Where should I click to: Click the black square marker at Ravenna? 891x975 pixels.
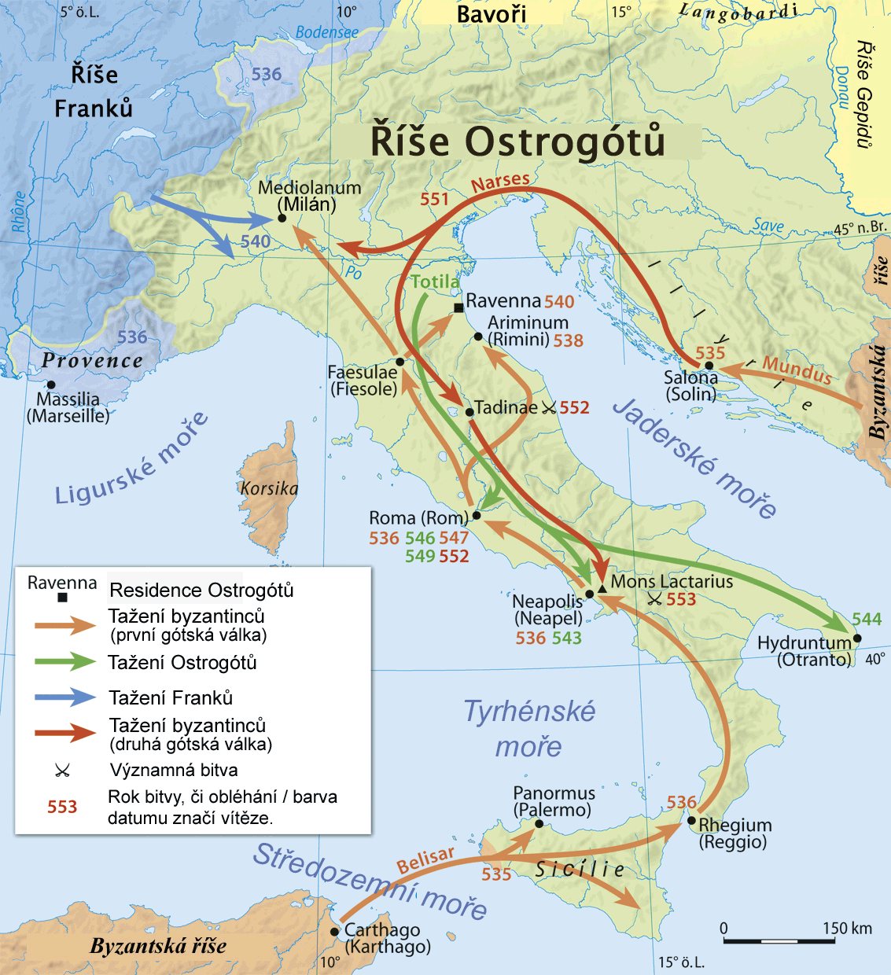[459, 308]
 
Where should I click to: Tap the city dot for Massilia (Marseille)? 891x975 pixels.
[51, 384]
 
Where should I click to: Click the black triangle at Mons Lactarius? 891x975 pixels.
[602, 588]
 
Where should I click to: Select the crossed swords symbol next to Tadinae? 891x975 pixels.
[549, 407]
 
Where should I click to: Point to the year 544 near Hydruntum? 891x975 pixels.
[866, 619]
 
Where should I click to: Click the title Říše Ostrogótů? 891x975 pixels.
[517, 142]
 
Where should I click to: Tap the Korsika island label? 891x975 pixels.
[269, 488]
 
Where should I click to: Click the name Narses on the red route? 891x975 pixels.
[500, 182]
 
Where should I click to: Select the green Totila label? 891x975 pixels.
[435, 281]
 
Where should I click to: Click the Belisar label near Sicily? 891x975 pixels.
[425, 859]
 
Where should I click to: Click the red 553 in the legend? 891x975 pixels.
[62, 807]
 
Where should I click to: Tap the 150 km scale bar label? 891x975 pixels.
[847, 928]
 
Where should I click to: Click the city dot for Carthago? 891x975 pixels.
[335, 932]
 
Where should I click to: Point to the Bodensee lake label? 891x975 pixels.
[326, 32]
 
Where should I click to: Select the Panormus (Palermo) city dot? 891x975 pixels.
[539, 823]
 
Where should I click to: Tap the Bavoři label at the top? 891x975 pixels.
[492, 13]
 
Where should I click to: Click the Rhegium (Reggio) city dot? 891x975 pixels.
[691, 820]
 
